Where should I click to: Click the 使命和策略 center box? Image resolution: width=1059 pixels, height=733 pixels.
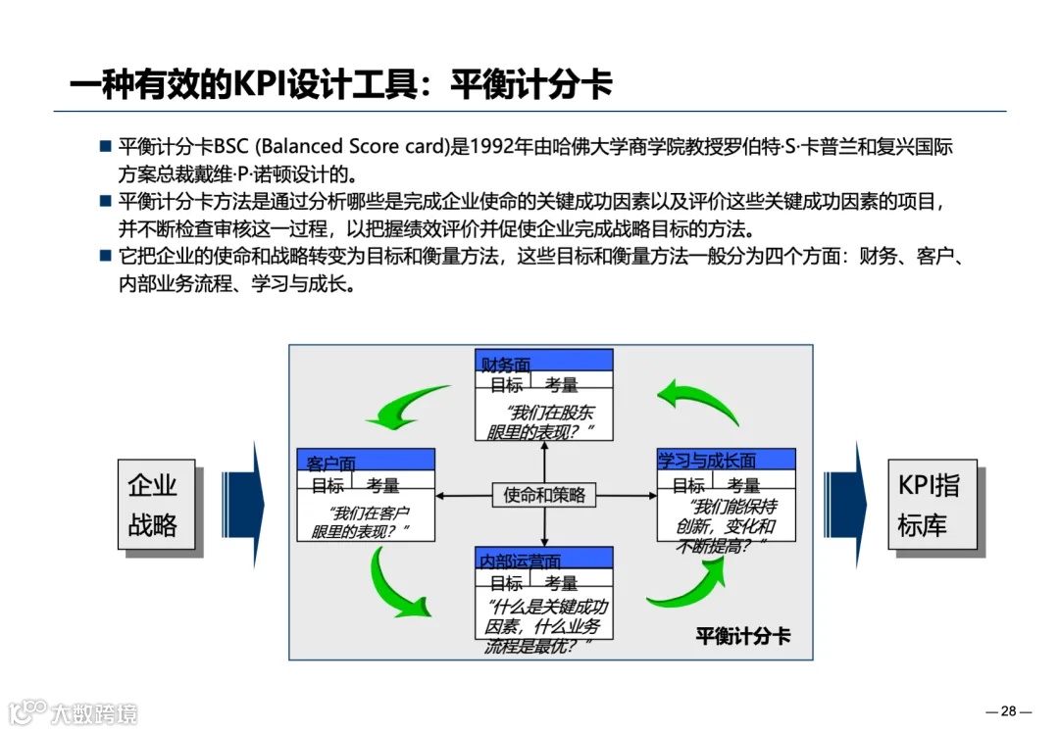[544, 495]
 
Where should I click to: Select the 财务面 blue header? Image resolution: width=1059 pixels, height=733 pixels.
[544, 361]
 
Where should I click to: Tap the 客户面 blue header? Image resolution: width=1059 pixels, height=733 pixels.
[366, 460]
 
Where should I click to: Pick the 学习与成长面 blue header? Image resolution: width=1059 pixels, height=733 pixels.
[726, 460]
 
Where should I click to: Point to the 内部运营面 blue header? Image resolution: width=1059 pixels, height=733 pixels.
[544, 559]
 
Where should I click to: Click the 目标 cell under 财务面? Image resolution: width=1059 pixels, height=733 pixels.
[506, 385]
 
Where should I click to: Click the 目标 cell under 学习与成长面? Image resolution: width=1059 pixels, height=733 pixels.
[688, 484]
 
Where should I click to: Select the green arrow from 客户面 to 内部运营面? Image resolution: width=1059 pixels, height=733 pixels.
[398, 585]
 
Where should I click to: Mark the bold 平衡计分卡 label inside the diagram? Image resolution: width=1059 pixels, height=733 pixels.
[742, 635]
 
